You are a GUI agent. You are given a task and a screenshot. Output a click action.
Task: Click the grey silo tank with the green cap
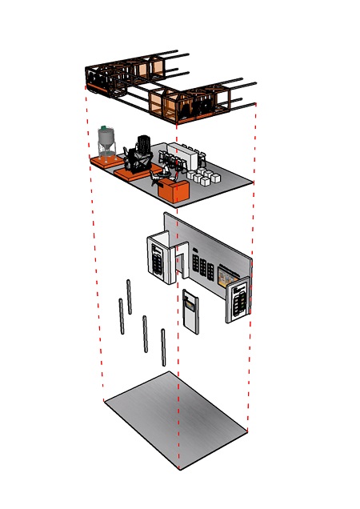[x=106, y=142]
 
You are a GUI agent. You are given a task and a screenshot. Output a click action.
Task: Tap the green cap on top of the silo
[x=104, y=128]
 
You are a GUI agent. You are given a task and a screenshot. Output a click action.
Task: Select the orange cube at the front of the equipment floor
[x=174, y=190]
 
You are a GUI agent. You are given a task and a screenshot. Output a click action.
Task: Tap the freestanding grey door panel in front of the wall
[x=190, y=311]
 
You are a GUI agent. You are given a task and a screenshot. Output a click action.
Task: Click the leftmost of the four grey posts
[x=122, y=316]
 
